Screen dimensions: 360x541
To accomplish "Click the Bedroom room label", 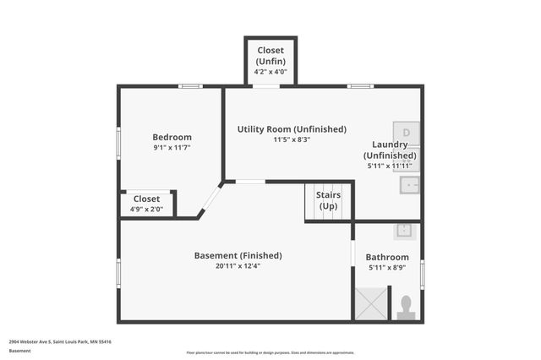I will [x=172, y=137].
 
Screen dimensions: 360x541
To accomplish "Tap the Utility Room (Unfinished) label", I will [x=292, y=129].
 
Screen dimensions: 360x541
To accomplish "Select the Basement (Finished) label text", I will [x=238, y=255].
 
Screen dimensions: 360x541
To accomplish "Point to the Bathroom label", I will [x=387, y=257].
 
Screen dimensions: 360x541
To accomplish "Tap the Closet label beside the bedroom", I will [x=146, y=199].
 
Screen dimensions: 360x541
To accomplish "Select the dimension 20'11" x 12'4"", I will [x=238, y=266].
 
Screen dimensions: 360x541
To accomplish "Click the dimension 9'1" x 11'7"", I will [x=172, y=148].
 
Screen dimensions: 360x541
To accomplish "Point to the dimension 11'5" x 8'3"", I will [x=292, y=139].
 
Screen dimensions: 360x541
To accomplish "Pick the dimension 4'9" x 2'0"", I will [x=146, y=208].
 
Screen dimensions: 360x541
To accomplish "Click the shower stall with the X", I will [x=369, y=303].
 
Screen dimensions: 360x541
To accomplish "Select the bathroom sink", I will [x=404, y=230].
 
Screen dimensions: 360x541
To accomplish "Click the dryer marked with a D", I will [x=408, y=133].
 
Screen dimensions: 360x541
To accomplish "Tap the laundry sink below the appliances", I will [x=410, y=184].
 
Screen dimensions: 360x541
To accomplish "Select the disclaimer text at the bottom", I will [x=270, y=352].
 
